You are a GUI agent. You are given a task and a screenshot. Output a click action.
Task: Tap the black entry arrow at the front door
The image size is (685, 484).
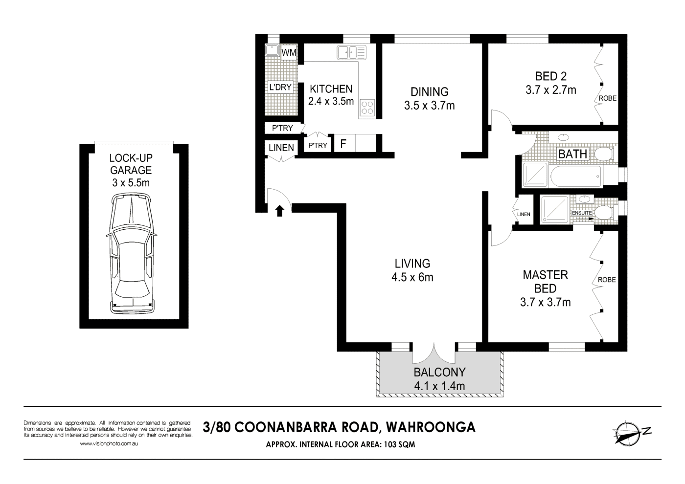[x=280, y=211]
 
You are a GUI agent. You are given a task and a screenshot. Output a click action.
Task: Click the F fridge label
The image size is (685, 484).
[x=343, y=144]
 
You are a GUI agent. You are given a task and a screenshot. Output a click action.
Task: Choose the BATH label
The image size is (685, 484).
[x=572, y=154]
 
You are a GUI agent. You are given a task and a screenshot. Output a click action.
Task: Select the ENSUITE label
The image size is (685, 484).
[x=582, y=213]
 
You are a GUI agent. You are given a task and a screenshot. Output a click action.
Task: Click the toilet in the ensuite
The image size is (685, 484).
[x=603, y=213]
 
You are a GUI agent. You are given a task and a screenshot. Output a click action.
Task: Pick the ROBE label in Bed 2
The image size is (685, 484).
[x=607, y=98]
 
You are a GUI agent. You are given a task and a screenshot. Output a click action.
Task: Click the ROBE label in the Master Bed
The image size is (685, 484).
[x=607, y=280]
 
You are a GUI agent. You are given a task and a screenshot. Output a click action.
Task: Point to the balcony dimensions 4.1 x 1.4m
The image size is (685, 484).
[x=439, y=386]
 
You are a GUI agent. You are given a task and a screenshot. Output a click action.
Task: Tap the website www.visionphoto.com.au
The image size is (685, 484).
[x=109, y=444]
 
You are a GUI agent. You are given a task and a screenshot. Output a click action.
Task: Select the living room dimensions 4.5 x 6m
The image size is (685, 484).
[x=412, y=277]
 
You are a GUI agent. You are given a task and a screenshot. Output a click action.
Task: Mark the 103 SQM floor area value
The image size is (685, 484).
[x=399, y=445]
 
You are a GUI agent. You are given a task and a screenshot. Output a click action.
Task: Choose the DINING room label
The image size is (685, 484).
[x=429, y=92]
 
